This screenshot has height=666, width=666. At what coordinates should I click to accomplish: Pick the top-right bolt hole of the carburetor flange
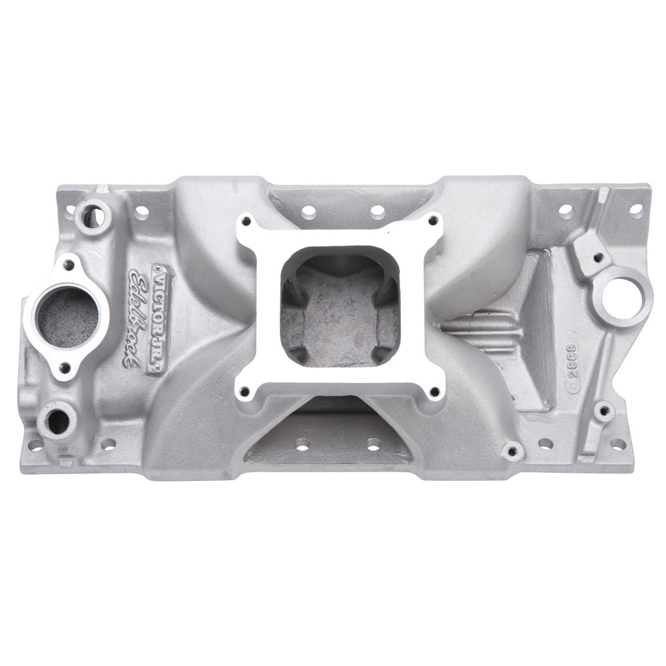pos(434,222)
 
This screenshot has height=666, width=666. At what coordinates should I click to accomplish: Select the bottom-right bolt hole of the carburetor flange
pos(435,392)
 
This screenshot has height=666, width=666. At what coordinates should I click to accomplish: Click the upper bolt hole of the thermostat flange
pos(67,265)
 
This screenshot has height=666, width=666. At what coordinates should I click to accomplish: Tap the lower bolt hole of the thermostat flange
pos(65,367)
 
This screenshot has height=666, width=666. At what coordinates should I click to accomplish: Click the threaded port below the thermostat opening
pos(57,419)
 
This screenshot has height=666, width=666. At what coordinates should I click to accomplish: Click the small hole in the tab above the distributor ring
pos(598,256)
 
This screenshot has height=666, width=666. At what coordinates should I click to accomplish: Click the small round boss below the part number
pos(603,412)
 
